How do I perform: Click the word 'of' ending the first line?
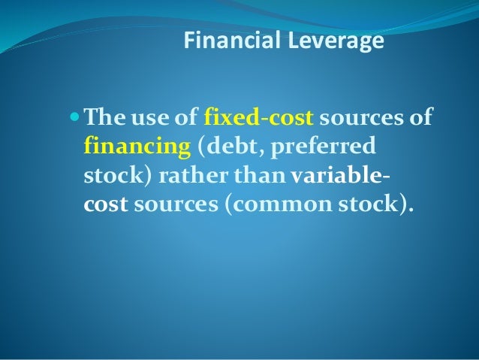pyautogui.click(x=423, y=119)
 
